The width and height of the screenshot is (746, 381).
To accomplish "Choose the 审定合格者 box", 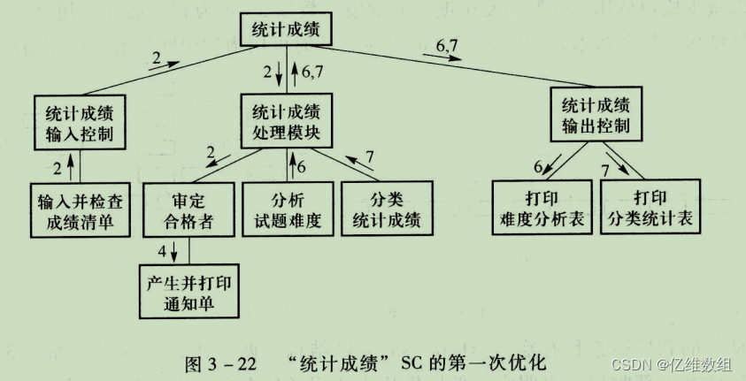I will pyautogui.click(x=186, y=209).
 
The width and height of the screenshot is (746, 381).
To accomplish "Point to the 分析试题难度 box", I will pyautogui.click(x=287, y=209).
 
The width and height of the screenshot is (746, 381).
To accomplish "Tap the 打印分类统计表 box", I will pyautogui.click(x=650, y=207).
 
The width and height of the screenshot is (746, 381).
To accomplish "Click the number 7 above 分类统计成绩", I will pyautogui.click(x=370, y=156).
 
